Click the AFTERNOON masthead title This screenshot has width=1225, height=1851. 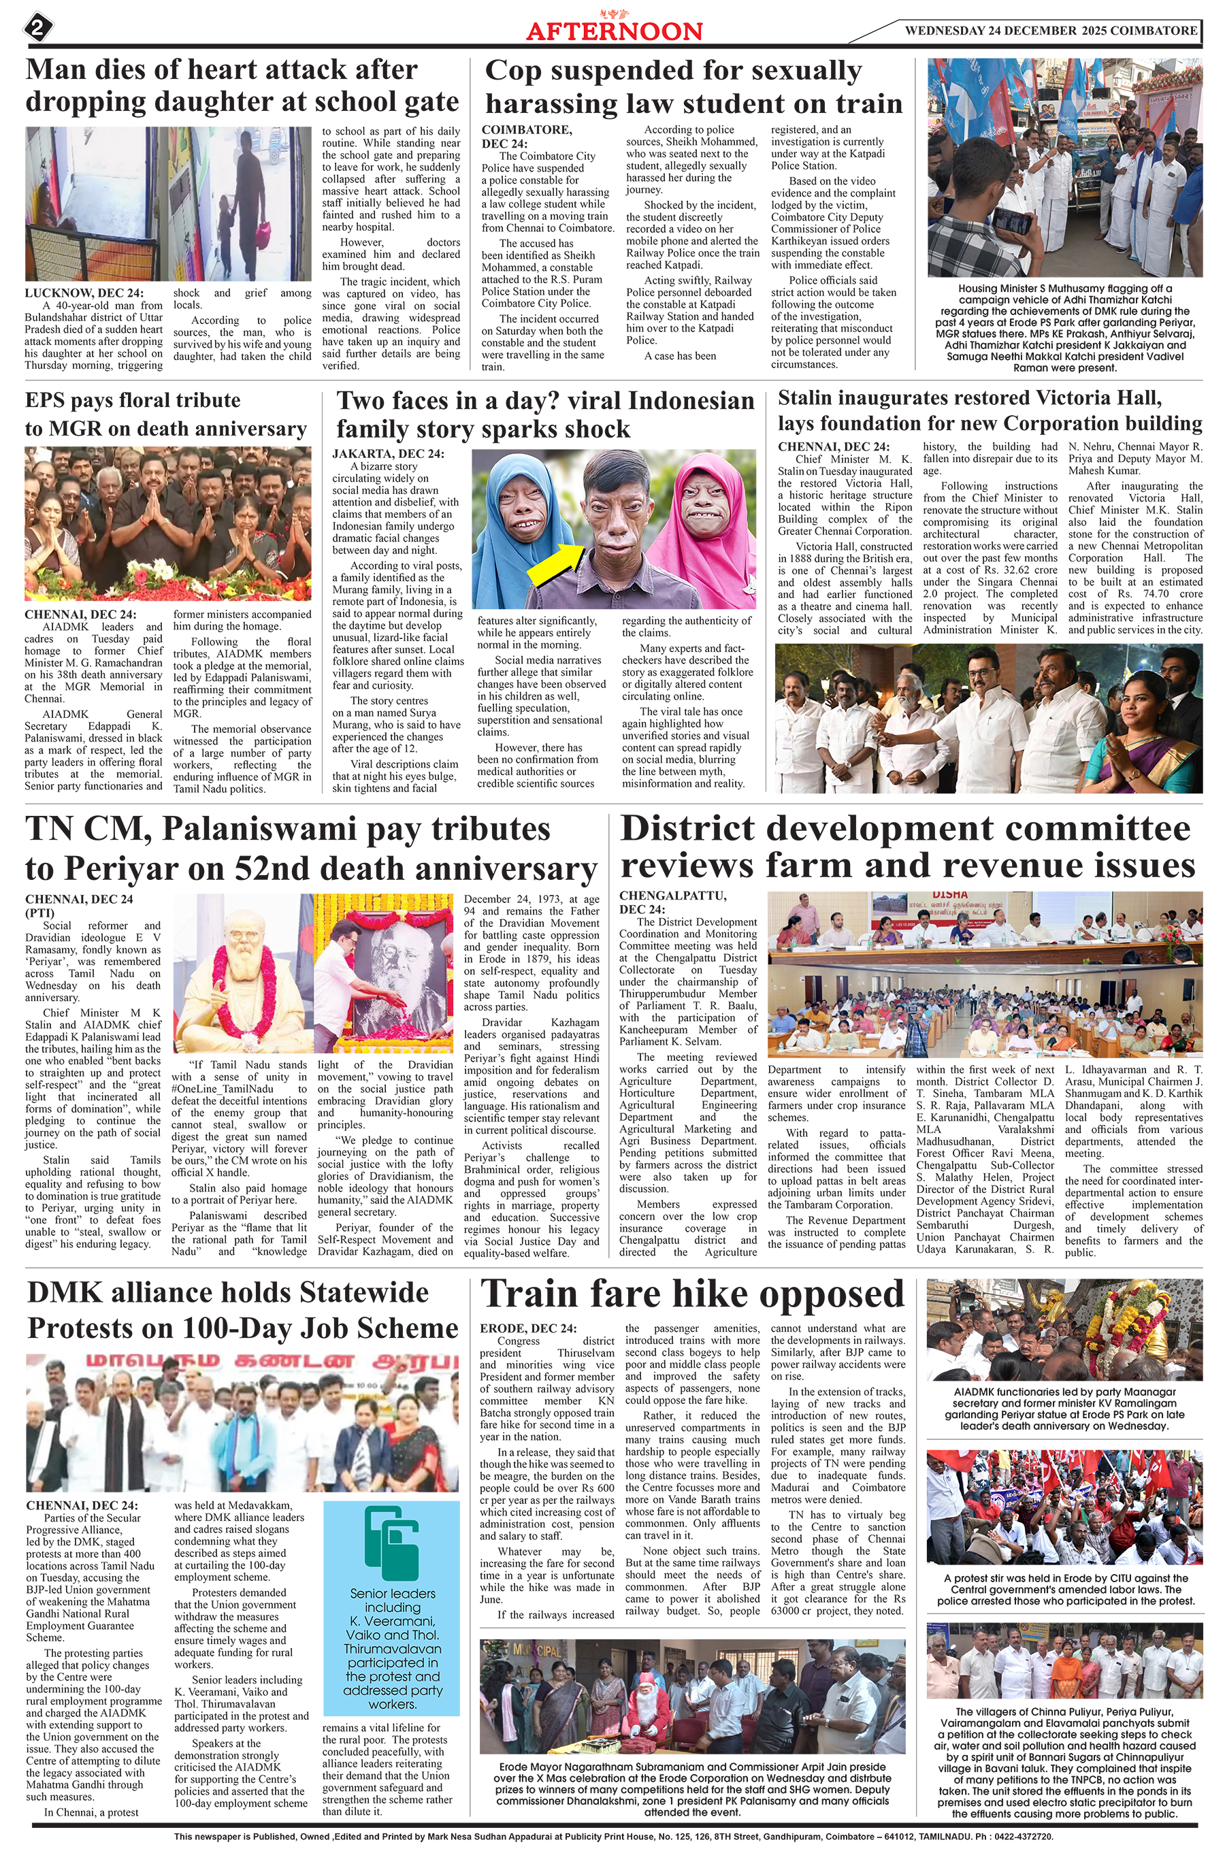(x=614, y=31)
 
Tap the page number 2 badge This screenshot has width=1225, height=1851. (x=37, y=29)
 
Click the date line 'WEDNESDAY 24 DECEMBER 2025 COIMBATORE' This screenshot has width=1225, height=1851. (x=1050, y=31)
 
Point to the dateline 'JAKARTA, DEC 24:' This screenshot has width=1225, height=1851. (x=389, y=454)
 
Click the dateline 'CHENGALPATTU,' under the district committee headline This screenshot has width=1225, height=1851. (x=672, y=895)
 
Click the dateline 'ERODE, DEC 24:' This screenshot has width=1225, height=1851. (x=528, y=1328)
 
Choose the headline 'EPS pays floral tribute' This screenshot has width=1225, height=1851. (x=133, y=401)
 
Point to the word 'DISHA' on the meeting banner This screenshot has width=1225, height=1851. (x=949, y=895)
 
